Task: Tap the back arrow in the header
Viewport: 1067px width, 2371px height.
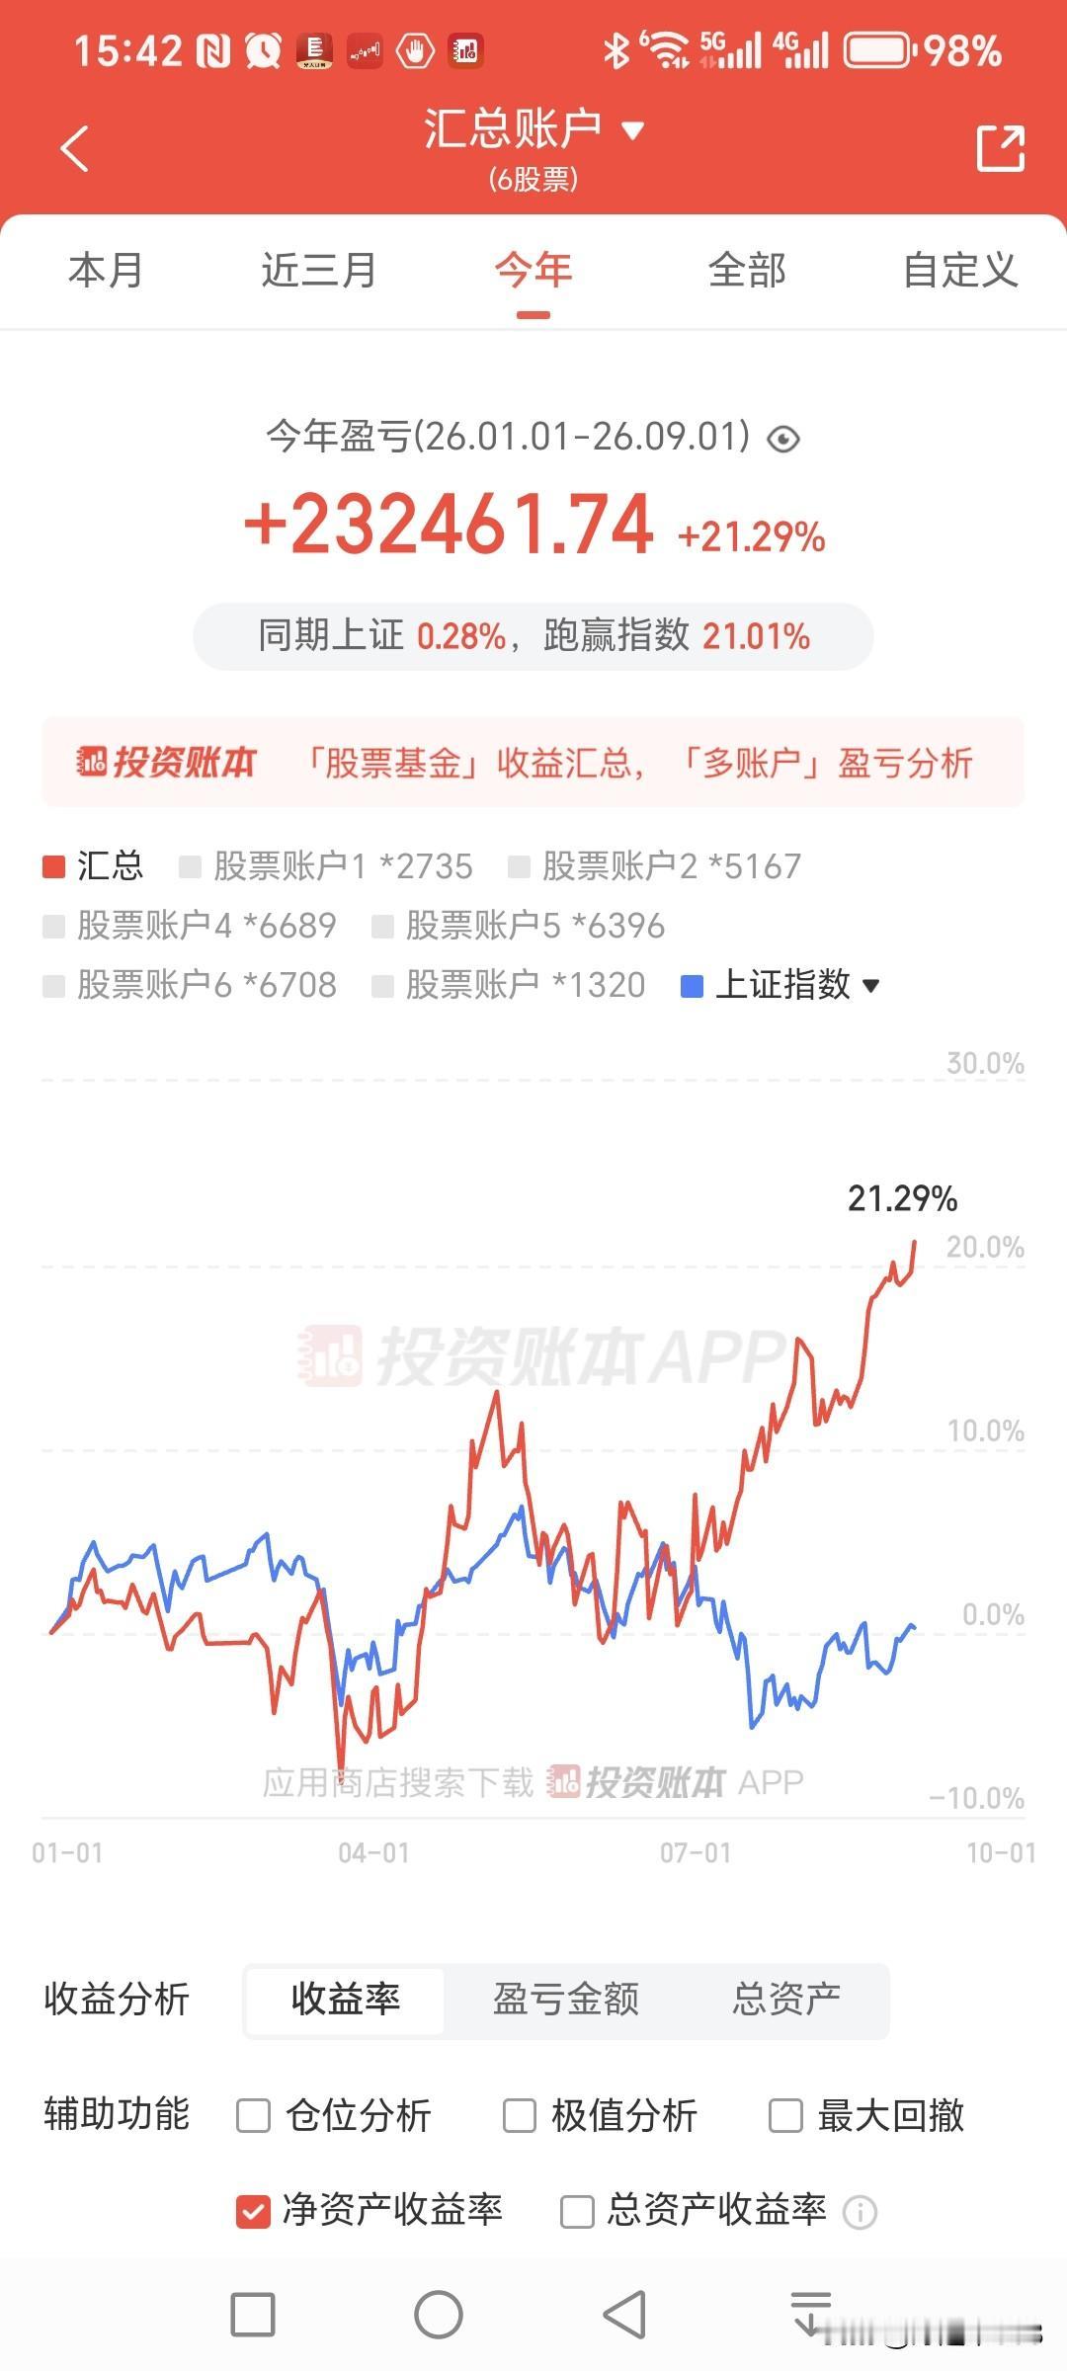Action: click(x=74, y=148)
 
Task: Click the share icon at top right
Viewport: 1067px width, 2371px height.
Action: click(x=1000, y=148)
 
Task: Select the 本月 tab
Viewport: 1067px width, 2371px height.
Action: click(x=106, y=270)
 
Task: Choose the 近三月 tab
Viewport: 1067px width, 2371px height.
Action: click(x=319, y=270)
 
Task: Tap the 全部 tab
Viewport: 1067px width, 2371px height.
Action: click(x=747, y=270)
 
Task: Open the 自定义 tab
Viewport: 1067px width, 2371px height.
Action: click(x=960, y=270)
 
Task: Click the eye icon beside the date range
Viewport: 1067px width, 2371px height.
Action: click(x=783, y=438)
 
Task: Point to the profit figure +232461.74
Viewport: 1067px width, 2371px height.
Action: click(x=449, y=524)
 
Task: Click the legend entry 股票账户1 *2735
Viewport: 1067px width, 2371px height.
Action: click(x=326, y=866)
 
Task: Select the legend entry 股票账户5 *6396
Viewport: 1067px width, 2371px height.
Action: click(x=519, y=926)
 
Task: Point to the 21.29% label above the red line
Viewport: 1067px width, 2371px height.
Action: click(x=903, y=1198)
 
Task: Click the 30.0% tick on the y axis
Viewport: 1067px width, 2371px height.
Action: click(x=985, y=1063)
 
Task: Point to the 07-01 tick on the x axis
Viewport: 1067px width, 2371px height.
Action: click(x=696, y=1852)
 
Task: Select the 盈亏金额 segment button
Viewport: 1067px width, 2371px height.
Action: click(x=566, y=1999)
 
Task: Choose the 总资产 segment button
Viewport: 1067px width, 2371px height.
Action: click(x=786, y=1999)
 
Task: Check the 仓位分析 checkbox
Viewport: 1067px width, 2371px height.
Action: click(x=253, y=2116)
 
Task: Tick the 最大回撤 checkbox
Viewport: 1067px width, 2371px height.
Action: click(x=785, y=2116)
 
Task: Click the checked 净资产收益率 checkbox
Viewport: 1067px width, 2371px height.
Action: click(x=253, y=2211)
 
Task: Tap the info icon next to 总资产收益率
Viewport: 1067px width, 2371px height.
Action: click(x=860, y=2212)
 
